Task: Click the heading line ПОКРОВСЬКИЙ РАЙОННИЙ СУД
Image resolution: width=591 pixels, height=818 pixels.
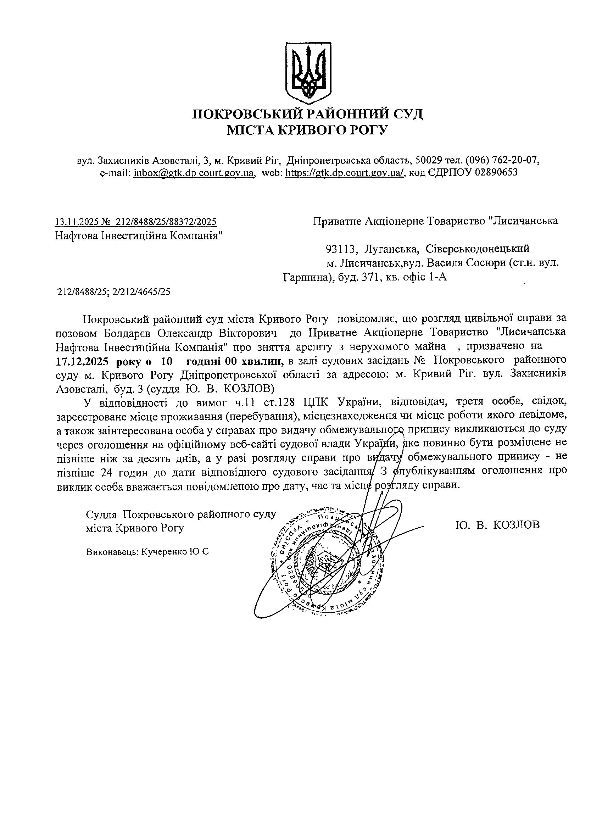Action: point(308,115)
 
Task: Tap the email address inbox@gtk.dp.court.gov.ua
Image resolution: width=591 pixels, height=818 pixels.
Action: point(194,172)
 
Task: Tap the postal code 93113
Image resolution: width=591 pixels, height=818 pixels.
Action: point(341,249)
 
